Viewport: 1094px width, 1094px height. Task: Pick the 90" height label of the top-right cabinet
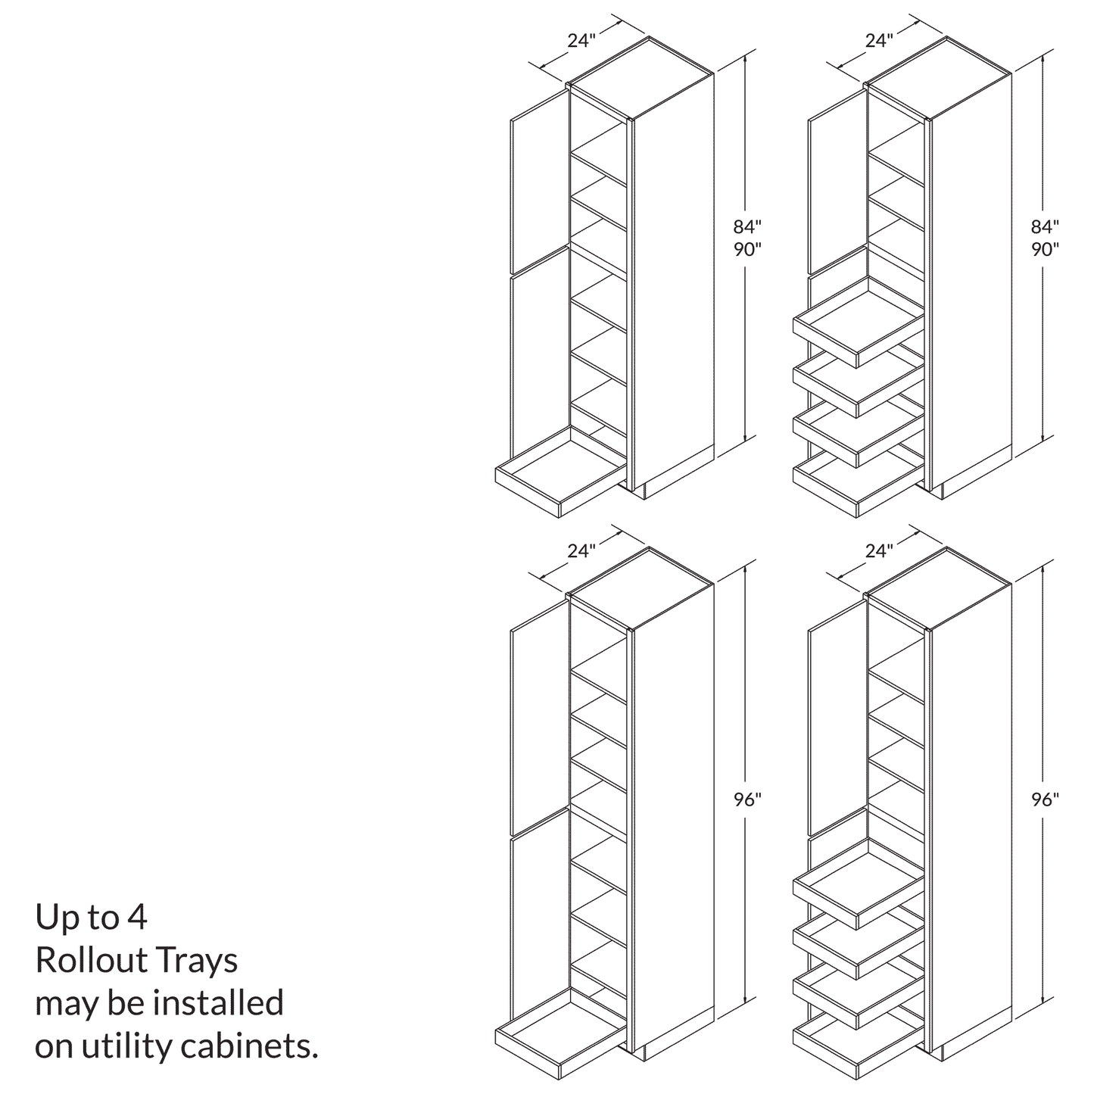click(x=1044, y=249)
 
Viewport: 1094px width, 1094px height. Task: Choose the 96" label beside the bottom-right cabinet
click(x=1044, y=799)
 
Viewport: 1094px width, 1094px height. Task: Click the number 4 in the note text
click(x=137, y=918)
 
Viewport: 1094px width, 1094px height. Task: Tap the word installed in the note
click(x=219, y=1003)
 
